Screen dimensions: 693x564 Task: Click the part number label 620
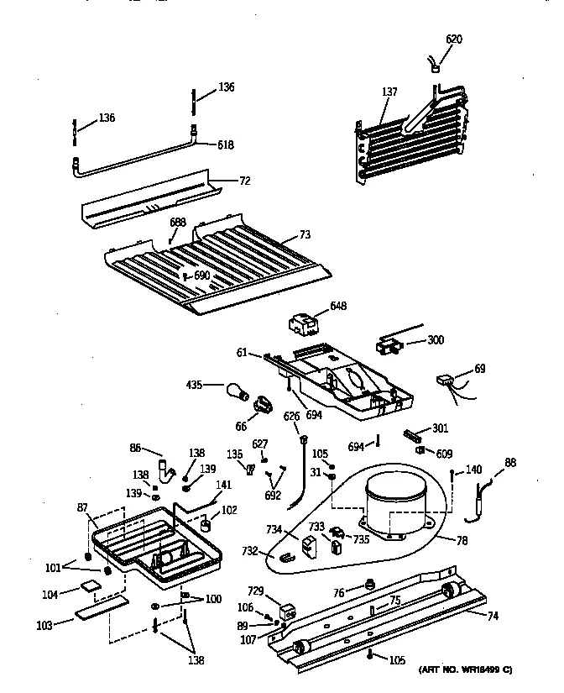coord(453,39)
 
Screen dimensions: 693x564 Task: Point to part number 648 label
coord(338,306)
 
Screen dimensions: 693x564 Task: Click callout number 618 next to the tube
coord(225,144)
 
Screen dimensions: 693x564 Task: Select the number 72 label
coord(245,181)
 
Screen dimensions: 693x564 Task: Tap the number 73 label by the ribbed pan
coord(305,238)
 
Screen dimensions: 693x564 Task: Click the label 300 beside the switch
coord(436,340)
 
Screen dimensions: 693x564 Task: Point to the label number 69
coord(479,368)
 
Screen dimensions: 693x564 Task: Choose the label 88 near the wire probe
coord(509,462)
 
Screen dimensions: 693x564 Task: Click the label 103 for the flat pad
coord(44,625)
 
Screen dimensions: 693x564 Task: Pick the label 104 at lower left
coord(50,595)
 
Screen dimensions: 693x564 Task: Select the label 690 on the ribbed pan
coord(201,276)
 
